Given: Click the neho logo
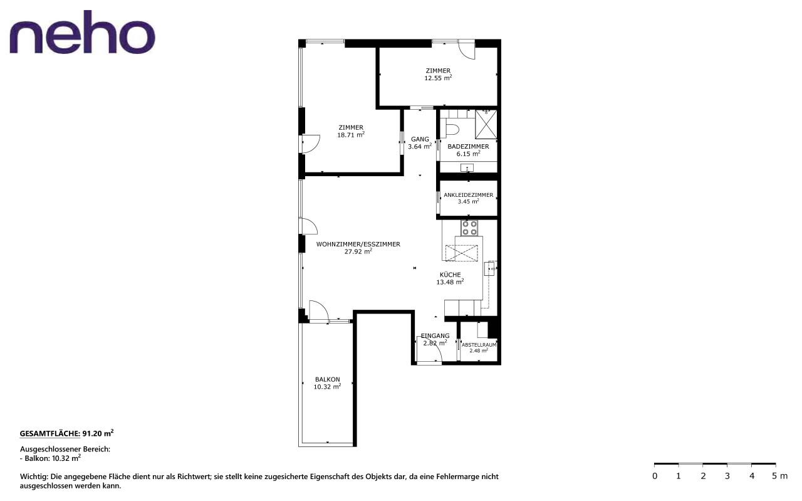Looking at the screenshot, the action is tap(82, 32).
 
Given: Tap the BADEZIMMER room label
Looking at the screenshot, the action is tap(468, 147).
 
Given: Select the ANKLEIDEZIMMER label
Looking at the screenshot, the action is tap(468, 195).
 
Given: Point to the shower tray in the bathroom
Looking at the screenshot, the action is tap(486, 124).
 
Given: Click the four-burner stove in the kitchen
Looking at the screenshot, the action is tap(469, 228).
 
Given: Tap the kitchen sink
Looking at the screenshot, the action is tap(489, 269).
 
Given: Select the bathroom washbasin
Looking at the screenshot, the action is tap(467, 167).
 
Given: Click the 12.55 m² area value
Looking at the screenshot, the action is tap(438, 78).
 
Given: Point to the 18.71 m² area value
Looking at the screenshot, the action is tap(351, 135).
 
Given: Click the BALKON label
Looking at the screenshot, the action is tap(327, 379).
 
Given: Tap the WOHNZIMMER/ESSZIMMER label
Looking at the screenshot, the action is tap(358, 244).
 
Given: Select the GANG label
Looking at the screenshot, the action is tap(420, 139).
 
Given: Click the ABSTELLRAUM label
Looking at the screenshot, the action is tap(479, 345).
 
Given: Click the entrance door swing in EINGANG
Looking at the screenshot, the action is tap(430, 349).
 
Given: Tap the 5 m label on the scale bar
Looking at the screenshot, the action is tap(779, 476).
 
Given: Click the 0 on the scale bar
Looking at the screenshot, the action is tap(655, 477).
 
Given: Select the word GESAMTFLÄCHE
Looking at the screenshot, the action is tap(50, 434).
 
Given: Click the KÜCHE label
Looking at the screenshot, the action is tap(450, 275).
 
